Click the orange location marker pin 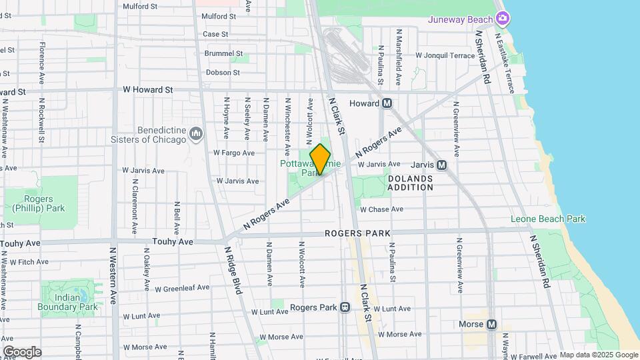pyautogui.click(x=320, y=159)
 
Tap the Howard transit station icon pyautogui.click(x=386, y=103)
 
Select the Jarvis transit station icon pyautogui.click(x=441, y=165)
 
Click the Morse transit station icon pyautogui.click(x=491, y=325)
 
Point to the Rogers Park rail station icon pyautogui.click(x=345, y=307)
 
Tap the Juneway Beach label pyautogui.click(x=461, y=19)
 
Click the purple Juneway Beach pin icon pyautogui.click(x=502, y=18)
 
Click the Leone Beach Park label pyautogui.click(x=547, y=219)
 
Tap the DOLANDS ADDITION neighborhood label pyautogui.click(x=410, y=183)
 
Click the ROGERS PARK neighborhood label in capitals pyautogui.click(x=357, y=233)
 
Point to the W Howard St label pyautogui.click(x=147, y=89)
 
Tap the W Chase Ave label pyautogui.click(x=381, y=209)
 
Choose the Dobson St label pyautogui.click(x=223, y=72)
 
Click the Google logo pyautogui.click(x=21, y=351)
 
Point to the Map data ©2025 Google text pyautogui.click(x=598, y=355)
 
